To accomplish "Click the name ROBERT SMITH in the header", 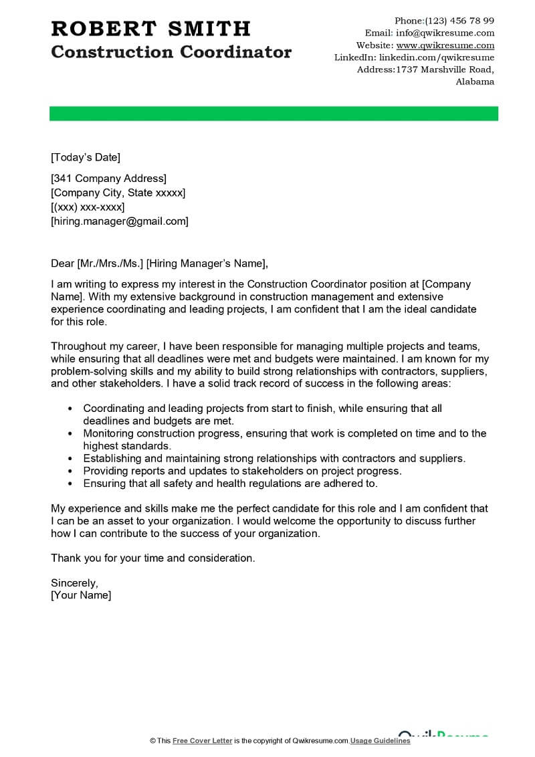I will tap(150, 28).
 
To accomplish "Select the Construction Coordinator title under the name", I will tap(171, 52).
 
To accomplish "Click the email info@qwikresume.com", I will tap(445, 33).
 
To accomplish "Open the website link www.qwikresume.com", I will tap(445, 45).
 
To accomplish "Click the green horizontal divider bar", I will tap(274, 114).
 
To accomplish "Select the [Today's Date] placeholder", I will tap(86, 158).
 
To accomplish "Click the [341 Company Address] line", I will tap(108, 179).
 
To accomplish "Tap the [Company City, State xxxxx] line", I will tap(118, 193).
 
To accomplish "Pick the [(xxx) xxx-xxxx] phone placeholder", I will tap(88, 207).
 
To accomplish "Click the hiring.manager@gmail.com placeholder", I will tap(120, 221).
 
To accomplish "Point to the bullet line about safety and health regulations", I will tap(230, 483).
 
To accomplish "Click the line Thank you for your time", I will tap(152, 558).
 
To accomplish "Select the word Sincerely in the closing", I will tap(74, 582).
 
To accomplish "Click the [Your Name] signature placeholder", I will tap(81, 595).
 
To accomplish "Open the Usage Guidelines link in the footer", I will tap(381, 741).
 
